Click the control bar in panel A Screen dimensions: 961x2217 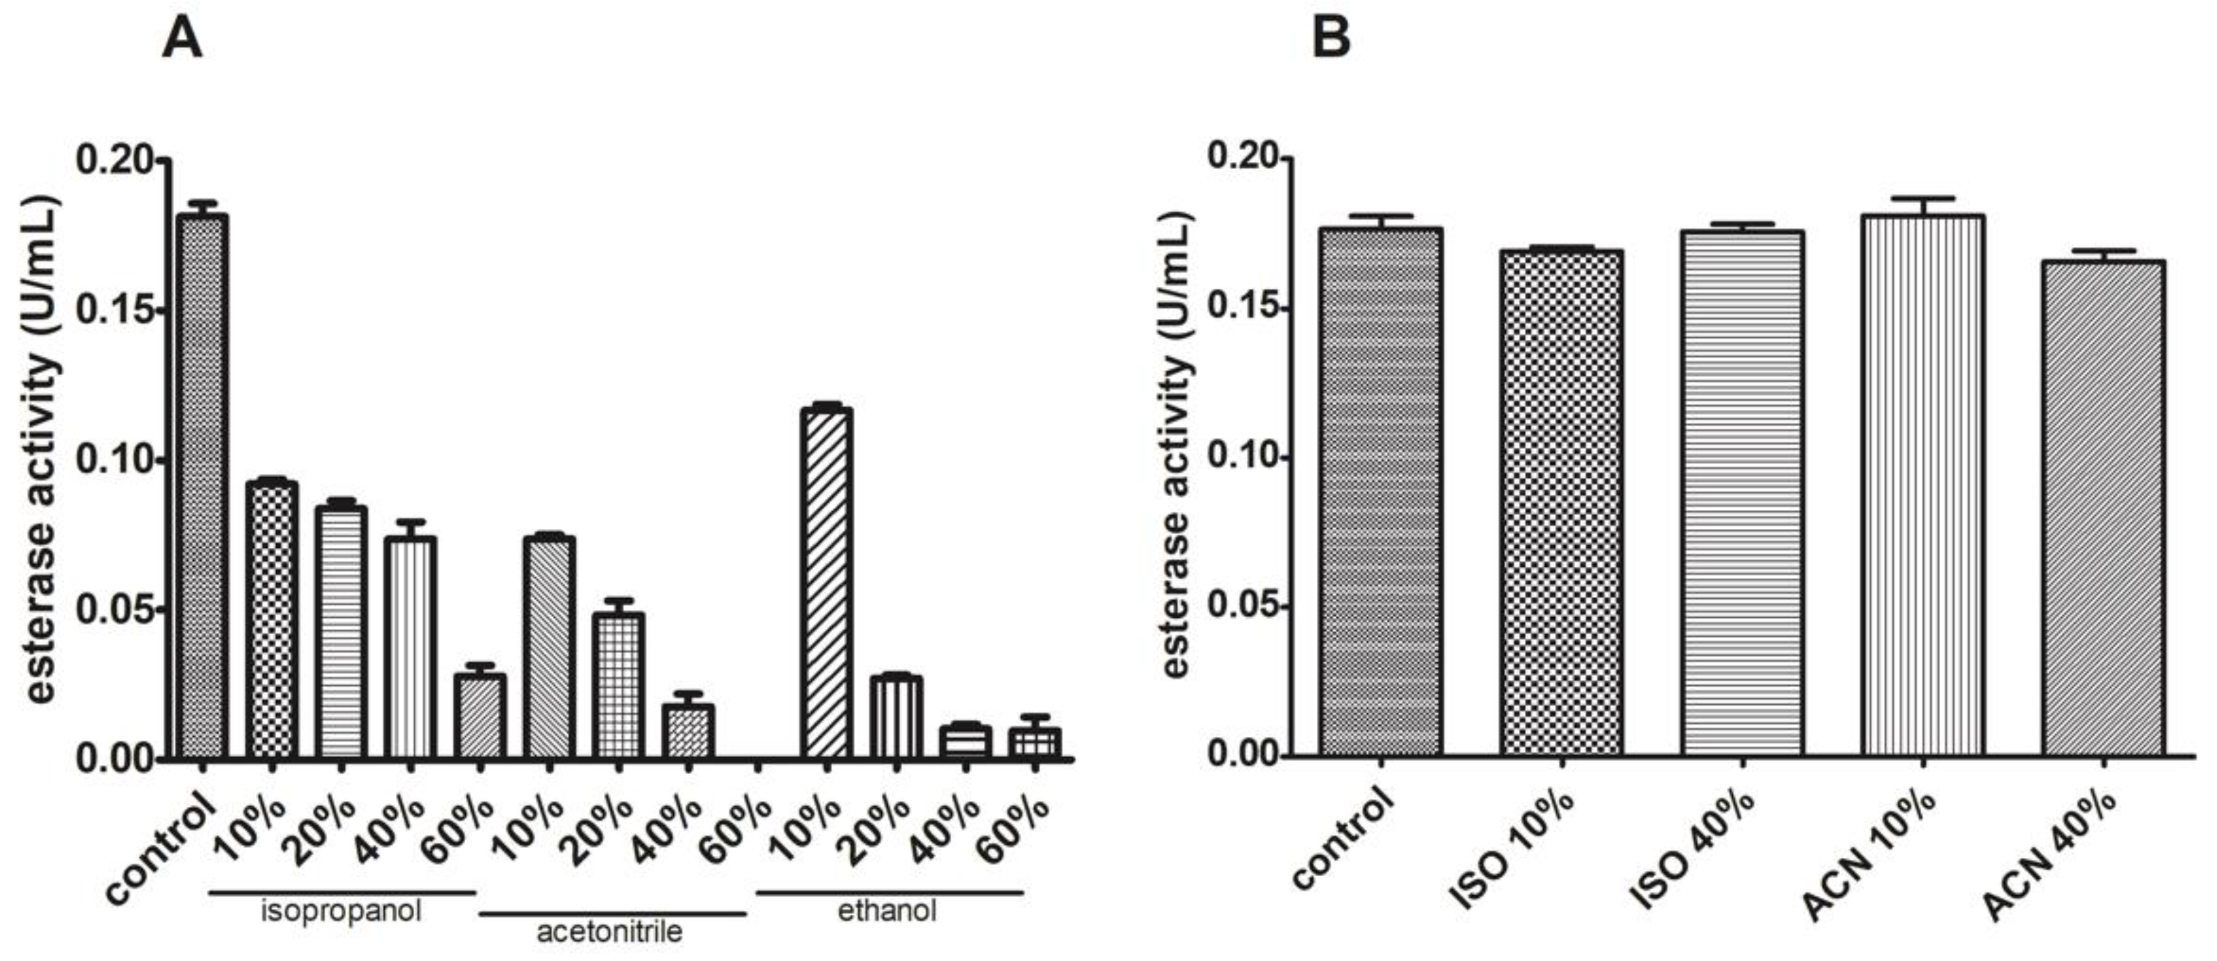tap(202, 487)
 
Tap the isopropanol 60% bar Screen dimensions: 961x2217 tap(479, 716)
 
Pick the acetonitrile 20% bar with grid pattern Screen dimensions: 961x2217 tap(619, 685)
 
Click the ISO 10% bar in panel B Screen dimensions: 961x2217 tap(1561, 504)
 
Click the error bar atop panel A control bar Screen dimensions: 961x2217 tap(202, 207)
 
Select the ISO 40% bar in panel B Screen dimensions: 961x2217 tap(1742, 495)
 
